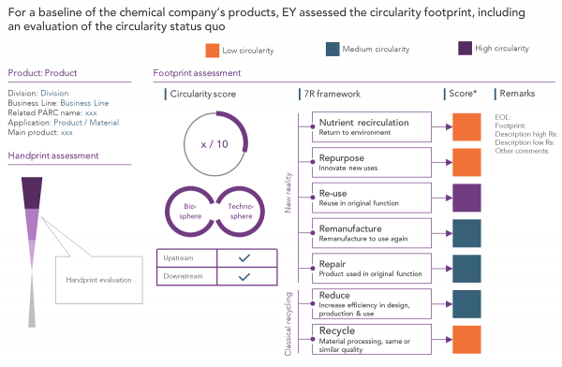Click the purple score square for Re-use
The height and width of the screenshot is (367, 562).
[466, 198]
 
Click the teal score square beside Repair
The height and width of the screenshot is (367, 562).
[466, 267]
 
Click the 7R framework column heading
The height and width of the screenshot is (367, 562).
[333, 94]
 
